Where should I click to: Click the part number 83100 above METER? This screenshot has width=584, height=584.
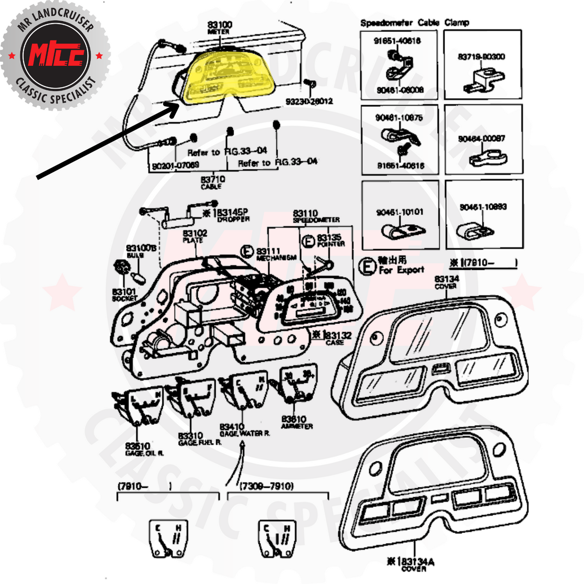point(219,25)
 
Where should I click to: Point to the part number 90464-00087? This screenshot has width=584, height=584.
point(482,139)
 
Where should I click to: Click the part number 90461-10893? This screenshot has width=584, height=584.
point(483,207)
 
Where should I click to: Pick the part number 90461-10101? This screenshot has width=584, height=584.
point(399,212)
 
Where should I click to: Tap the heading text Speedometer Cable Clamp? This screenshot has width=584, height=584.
point(414,22)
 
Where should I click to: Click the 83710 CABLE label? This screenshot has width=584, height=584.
point(213,182)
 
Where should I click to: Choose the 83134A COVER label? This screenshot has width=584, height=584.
point(414,564)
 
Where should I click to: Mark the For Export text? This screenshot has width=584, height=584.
point(401,269)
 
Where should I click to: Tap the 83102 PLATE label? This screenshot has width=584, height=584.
point(195,236)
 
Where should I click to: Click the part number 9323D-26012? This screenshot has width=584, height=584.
point(309,102)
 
